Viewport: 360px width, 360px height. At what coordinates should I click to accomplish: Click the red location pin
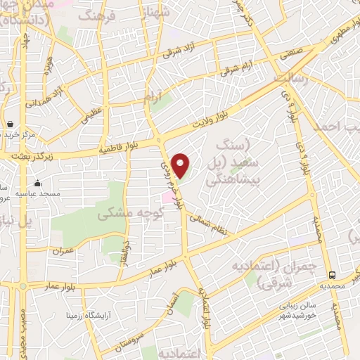tap(181, 165)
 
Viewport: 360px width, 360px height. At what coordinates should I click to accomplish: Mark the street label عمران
tap(61, 250)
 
